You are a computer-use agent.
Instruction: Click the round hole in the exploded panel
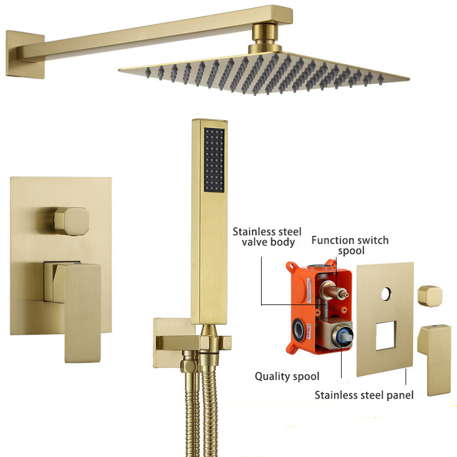(387, 294)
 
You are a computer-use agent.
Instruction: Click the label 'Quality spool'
(287, 376)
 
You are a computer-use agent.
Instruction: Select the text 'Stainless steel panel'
(364, 394)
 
